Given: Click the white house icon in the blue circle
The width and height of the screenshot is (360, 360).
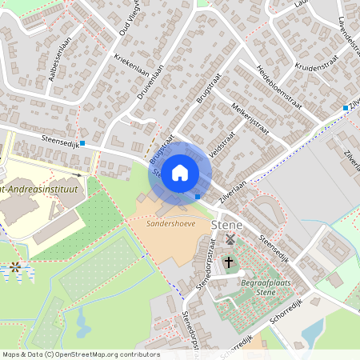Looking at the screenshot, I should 180,172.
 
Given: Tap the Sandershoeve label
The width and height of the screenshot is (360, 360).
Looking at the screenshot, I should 166,224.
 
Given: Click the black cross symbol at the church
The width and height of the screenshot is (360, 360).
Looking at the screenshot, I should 228,262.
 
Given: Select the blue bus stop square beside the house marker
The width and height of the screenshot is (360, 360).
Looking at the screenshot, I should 198,196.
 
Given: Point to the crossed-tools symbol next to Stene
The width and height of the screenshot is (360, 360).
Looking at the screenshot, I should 230,239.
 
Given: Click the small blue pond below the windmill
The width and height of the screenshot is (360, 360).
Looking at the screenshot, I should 82,323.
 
